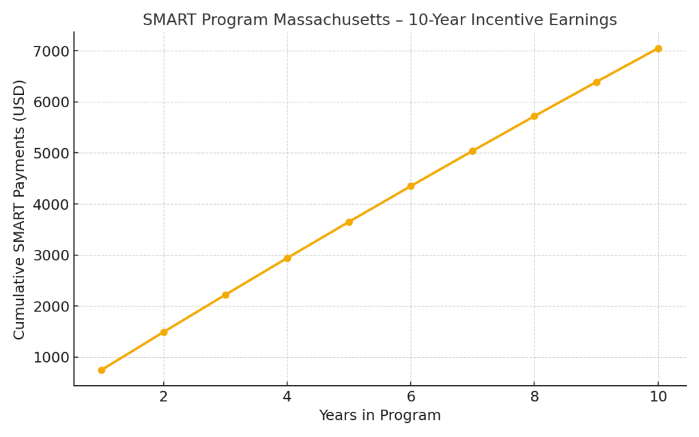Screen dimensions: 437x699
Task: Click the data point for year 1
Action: coord(102,370)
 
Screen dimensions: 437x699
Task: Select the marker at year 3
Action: coord(225,295)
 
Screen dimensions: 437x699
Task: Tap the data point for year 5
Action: coord(349,222)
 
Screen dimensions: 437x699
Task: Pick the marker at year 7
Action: coord(472,151)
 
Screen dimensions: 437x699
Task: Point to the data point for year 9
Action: coord(597,82)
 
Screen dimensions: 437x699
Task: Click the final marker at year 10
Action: coord(658,48)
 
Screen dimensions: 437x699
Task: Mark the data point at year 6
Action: coord(411,186)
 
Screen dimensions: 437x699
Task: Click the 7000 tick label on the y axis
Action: coord(51,51)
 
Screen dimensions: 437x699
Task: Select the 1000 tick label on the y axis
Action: coord(51,357)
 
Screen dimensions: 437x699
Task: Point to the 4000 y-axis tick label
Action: coord(51,204)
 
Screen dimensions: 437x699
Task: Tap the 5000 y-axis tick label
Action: coord(51,153)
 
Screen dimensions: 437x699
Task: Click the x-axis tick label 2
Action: coord(164,397)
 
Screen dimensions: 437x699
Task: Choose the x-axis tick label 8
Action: coord(534,397)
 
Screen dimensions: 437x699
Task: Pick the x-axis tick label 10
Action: coord(658,397)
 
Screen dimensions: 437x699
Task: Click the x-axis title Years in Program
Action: coord(380,415)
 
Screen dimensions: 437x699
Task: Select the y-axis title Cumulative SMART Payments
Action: coord(20,209)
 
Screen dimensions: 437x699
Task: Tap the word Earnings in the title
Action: coord(584,20)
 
